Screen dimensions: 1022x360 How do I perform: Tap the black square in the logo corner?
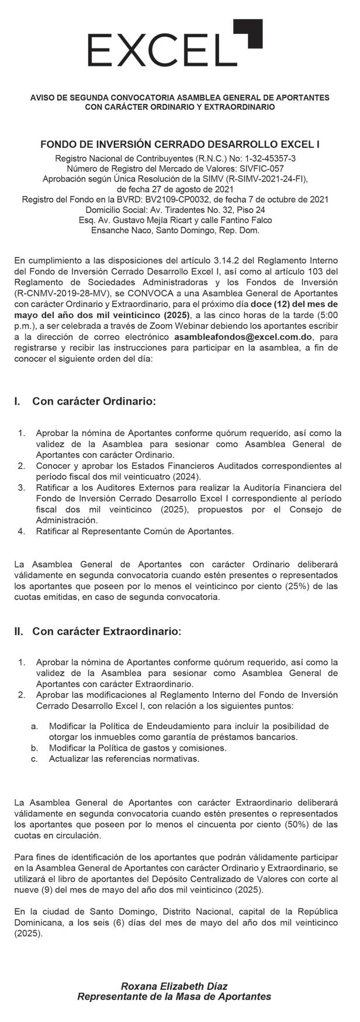pos(249,33)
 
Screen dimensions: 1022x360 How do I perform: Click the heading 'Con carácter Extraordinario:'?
pos(106,631)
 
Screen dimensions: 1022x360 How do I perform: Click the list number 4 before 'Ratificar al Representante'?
pos(22,531)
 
